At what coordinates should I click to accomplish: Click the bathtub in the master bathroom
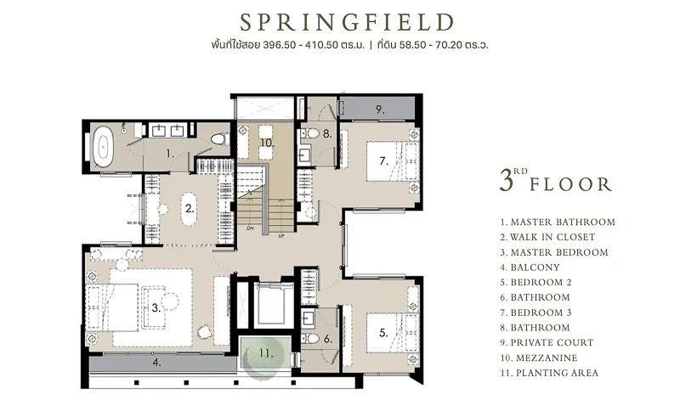point(104,147)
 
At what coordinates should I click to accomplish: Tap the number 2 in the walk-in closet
point(189,209)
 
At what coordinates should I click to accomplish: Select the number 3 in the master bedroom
point(156,308)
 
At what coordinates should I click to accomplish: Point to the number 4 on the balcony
point(157,362)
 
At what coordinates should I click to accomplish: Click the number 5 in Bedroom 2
point(383,333)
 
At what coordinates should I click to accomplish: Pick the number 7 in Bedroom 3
point(383,161)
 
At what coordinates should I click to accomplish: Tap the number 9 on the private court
point(380,110)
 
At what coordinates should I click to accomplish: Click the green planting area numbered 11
point(265,352)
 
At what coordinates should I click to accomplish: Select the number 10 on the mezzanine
point(268,143)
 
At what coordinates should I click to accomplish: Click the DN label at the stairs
point(250,228)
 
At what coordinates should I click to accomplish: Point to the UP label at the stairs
point(281,236)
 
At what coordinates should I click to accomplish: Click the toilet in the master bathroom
point(219,138)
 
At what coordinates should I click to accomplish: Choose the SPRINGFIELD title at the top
point(348,22)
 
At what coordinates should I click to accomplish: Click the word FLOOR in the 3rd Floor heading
point(570,184)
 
